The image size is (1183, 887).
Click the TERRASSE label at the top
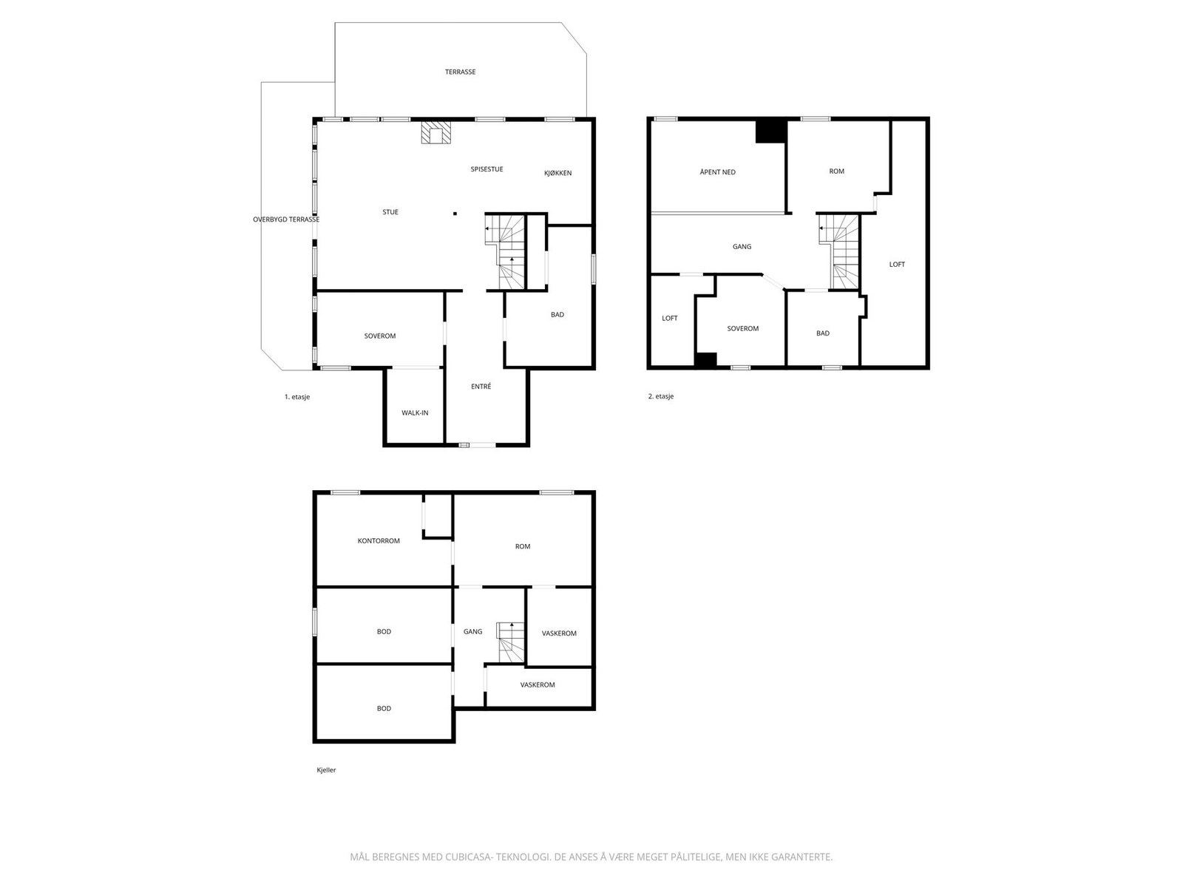[460, 72]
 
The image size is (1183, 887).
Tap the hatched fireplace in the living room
[435, 132]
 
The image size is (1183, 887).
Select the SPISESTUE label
[487, 169]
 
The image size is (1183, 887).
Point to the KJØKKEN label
[557, 173]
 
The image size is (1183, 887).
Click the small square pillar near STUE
[455, 214]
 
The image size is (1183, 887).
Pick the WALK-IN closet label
[415, 413]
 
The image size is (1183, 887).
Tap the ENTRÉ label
[481, 386]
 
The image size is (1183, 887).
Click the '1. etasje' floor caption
[297, 397]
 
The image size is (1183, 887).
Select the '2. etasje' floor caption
[661, 396]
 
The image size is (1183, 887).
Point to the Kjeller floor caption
[326, 770]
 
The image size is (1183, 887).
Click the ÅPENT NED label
[717, 172]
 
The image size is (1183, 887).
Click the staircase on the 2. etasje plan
[838, 251]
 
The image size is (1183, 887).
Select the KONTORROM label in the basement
[379, 541]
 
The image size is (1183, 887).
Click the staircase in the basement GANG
[510, 642]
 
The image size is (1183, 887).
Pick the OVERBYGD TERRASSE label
[286, 220]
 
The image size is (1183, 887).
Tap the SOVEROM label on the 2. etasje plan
[742, 328]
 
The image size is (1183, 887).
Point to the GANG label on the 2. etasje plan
[742, 247]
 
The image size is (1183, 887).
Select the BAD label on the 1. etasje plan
[557, 315]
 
